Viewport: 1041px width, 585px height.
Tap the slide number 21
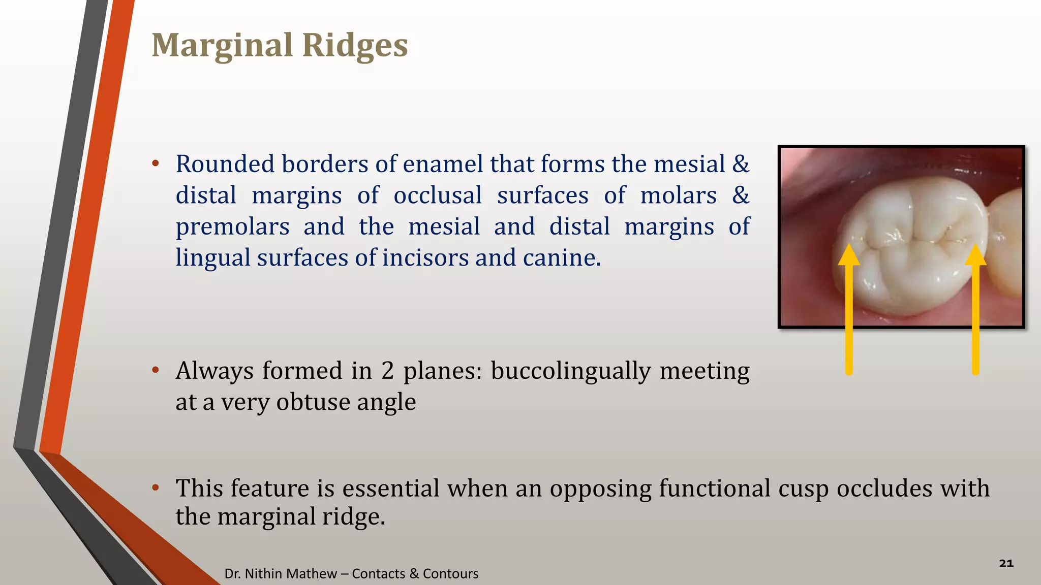pos(1006,563)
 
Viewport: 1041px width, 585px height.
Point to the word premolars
pos(232,227)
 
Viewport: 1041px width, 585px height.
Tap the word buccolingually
pos(570,371)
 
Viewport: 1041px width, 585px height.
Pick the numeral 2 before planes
pos(387,371)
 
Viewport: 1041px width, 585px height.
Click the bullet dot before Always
pos(156,370)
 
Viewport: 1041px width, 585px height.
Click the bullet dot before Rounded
pos(156,164)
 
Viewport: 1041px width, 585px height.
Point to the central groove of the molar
pos(910,239)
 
